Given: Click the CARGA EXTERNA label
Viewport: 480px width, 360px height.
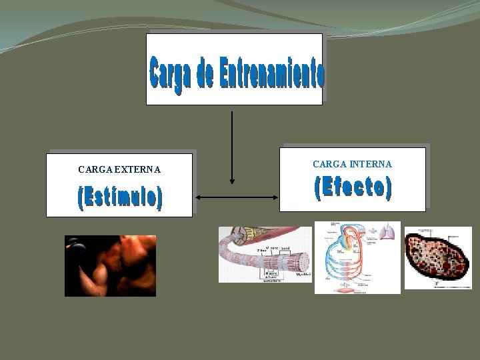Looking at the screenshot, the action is click(119, 169).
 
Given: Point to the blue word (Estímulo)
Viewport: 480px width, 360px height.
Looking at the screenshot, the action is click(120, 198).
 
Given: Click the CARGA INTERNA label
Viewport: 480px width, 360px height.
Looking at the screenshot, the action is click(352, 164).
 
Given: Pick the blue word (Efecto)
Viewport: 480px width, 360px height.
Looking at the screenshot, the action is click(353, 188).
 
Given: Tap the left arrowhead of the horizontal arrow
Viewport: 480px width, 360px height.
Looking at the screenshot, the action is click(198, 197).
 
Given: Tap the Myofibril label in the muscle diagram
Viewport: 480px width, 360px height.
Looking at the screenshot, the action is click(303, 274).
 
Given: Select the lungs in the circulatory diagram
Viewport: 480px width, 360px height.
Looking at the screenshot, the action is click(387, 232).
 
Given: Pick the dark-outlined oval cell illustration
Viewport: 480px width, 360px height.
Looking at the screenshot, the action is click(438, 257).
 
